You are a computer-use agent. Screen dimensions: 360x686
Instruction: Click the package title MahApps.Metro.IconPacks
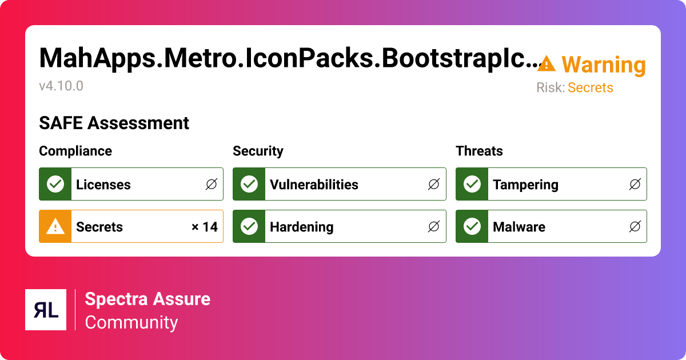pyautogui.click(x=289, y=58)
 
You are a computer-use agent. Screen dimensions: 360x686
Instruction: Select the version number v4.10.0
pyautogui.click(x=61, y=86)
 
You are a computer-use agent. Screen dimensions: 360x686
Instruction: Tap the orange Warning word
pyautogui.click(x=603, y=65)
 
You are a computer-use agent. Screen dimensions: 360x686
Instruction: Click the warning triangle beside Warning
pyautogui.click(x=547, y=64)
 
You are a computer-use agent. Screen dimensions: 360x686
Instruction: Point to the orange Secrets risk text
pyautogui.click(x=590, y=88)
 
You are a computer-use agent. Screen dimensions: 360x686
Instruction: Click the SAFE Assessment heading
pyautogui.click(x=114, y=123)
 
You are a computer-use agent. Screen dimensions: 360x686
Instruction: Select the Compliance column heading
pyautogui.click(x=75, y=151)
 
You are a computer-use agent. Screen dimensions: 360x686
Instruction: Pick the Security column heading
pyautogui.click(x=258, y=151)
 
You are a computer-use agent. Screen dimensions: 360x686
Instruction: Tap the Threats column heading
pyautogui.click(x=479, y=151)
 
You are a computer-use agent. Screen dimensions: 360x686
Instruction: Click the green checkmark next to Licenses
pyautogui.click(x=55, y=184)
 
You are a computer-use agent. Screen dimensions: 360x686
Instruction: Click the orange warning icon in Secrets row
pyautogui.click(x=55, y=227)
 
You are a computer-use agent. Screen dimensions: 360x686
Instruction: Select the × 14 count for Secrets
pyautogui.click(x=204, y=227)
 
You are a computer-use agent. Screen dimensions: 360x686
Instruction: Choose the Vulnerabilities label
pyautogui.click(x=314, y=185)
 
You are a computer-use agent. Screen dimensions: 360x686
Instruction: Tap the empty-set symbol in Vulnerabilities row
pyautogui.click(x=434, y=185)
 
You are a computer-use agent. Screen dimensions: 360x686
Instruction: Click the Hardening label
pyautogui.click(x=301, y=227)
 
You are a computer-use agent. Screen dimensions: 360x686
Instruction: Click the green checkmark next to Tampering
pyautogui.click(x=472, y=184)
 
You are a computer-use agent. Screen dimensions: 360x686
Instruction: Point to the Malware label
pyautogui.click(x=519, y=227)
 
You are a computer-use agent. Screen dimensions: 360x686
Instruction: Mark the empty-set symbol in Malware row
pyautogui.click(x=635, y=227)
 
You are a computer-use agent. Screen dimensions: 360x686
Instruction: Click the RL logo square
pyautogui.click(x=46, y=310)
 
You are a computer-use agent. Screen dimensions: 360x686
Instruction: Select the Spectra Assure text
pyautogui.click(x=147, y=299)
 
